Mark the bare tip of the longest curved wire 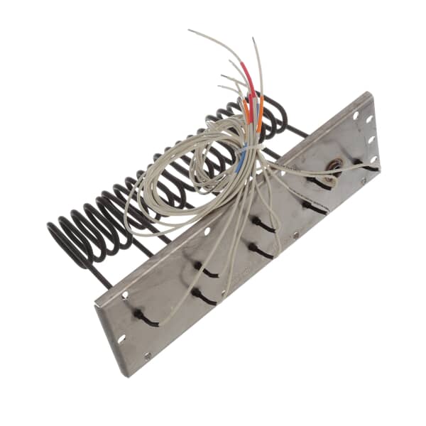(189, 31)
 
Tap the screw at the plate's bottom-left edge (148, 356)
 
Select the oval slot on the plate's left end (120, 339)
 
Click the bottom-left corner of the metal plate (128, 376)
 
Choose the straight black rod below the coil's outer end (99, 276)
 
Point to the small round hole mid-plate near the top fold (207, 231)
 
